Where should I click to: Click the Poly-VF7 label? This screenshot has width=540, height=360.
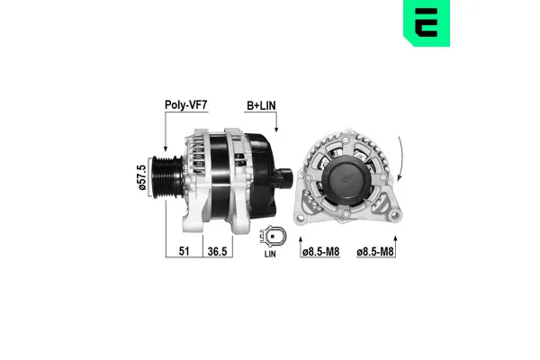point(186,104)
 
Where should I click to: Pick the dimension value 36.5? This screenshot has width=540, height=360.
point(218,252)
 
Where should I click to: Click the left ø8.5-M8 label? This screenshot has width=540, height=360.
point(322,252)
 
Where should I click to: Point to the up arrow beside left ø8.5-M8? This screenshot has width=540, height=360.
point(299,237)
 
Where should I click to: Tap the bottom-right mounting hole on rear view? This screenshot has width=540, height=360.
point(393,216)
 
